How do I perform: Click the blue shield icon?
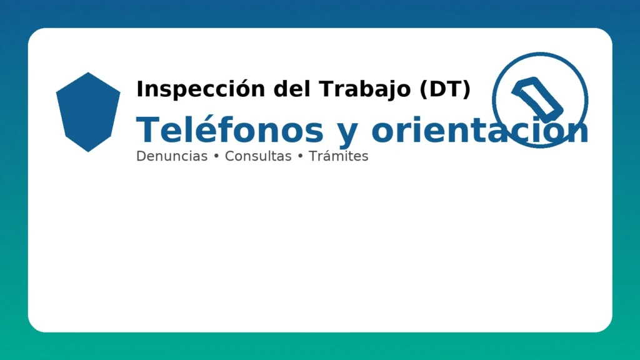88,112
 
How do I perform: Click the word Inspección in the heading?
187,89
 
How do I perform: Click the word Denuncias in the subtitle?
171,156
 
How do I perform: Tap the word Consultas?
258,156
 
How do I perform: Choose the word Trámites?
338,156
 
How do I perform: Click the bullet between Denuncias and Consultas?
216,157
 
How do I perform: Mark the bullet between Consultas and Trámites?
301,157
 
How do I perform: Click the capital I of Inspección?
139,89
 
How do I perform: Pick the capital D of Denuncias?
141,156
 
